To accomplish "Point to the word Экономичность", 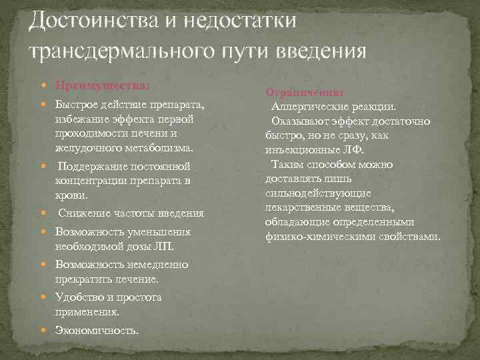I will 97,329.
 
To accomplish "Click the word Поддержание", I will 89,165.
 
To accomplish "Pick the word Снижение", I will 83,213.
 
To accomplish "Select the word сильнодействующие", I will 309,193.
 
